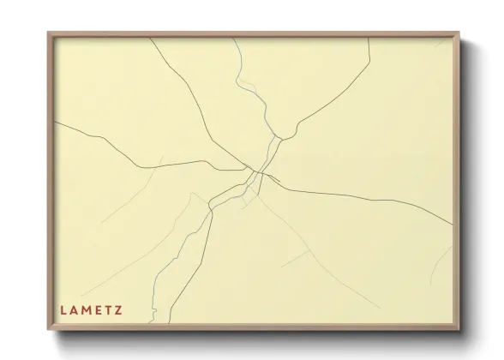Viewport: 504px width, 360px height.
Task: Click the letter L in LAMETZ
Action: [63, 306]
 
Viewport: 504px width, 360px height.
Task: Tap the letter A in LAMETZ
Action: [77, 306]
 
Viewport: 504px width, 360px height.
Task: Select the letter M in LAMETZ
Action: [92, 306]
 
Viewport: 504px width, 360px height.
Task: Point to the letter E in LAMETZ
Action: [106, 306]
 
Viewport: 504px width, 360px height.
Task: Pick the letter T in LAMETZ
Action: [119, 306]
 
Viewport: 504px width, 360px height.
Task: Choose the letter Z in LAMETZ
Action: [132, 306]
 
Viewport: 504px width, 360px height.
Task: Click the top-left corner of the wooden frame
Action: [48, 33]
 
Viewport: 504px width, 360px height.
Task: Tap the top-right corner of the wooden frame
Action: [459, 33]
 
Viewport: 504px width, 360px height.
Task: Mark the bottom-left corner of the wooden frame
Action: [48, 331]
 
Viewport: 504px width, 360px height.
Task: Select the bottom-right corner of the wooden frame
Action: [459, 331]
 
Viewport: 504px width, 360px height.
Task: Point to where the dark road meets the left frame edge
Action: [55, 123]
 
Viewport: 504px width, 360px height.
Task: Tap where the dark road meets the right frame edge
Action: [452, 225]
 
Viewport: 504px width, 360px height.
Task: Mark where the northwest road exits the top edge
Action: [151, 39]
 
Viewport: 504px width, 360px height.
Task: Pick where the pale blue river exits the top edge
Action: [231, 39]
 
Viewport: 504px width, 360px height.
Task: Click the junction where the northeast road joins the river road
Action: [276, 136]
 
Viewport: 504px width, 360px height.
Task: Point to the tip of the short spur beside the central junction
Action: [279, 180]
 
